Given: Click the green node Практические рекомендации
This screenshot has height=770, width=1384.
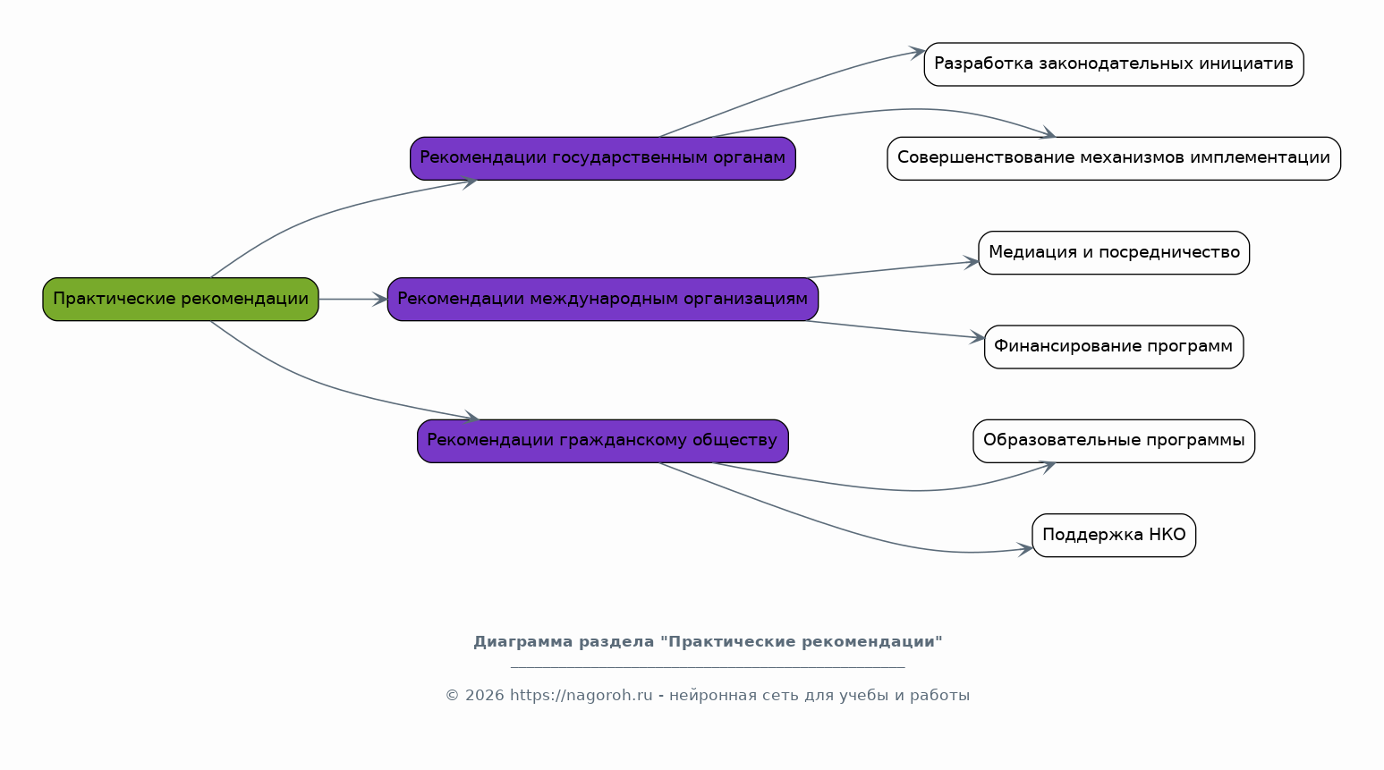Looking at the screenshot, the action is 181,300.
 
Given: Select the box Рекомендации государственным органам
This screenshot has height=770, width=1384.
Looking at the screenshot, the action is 602,158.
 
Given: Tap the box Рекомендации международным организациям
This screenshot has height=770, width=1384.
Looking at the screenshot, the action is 602,300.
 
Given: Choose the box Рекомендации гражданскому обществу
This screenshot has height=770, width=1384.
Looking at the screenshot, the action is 602,441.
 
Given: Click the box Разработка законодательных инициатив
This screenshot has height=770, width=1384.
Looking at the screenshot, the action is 1114,64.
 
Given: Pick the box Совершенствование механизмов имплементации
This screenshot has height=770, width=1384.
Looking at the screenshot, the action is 1114,158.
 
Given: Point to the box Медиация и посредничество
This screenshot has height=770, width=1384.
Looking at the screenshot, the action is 1114,252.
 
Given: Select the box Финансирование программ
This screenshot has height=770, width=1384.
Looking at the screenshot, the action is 1114,347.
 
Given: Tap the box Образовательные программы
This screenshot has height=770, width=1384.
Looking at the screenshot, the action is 1114,441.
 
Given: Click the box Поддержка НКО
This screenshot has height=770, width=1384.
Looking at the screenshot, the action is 1114,536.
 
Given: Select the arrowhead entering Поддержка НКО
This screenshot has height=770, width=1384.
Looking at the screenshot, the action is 1025,548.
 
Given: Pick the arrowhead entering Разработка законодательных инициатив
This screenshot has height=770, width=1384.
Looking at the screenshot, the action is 917,52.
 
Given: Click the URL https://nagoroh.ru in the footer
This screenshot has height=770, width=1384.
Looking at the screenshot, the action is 581,695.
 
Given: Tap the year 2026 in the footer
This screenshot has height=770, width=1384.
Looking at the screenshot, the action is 484,695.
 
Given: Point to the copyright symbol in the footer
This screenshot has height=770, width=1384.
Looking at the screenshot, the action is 453,695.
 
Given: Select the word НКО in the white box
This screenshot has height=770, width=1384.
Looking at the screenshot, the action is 1167,535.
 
